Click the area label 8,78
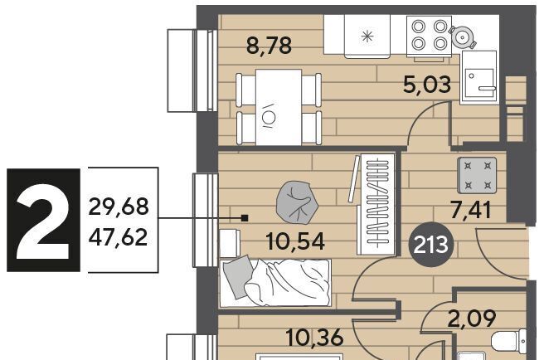tap(269, 46)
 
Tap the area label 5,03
tap(427, 85)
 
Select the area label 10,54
tap(295, 241)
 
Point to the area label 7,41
tap(471, 210)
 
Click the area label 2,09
tap(472, 319)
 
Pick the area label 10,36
tap(315, 338)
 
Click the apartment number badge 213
tap(431, 245)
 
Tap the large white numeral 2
tap(44, 221)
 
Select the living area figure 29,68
tap(119, 207)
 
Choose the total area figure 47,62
tap(119, 237)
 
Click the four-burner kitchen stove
tap(430, 35)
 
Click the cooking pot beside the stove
tap(463, 36)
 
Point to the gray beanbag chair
tap(297, 202)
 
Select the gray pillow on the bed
tap(238, 276)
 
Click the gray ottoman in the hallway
tap(477, 175)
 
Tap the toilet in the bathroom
tap(509, 342)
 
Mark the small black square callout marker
tap(245, 218)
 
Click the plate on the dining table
tap(268, 116)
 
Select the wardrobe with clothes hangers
tap(377, 204)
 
